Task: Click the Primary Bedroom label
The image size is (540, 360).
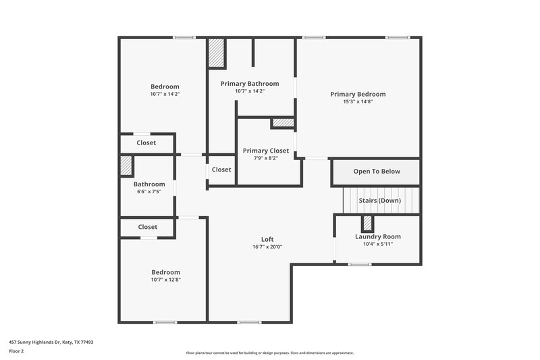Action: tap(358, 94)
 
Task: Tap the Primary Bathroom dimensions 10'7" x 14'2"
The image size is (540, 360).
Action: tap(250, 91)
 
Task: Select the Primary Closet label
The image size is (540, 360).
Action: tap(266, 151)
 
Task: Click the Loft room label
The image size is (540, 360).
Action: tap(267, 239)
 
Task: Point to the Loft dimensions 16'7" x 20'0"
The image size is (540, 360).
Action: tap(267, 247)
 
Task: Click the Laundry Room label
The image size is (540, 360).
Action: tap(378, 236)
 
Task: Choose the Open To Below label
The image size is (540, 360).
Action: tap(377, 172)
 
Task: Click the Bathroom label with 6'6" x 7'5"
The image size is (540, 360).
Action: tap(149, 184)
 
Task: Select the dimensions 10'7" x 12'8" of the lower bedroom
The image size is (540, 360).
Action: tap(165, 280)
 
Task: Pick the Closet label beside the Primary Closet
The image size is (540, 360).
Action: tap(221, 170)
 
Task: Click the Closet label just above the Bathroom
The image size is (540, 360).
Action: tap(146, 143)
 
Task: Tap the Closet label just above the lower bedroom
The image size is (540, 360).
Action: tap(148, 227)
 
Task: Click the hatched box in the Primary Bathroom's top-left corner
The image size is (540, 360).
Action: tap(216, 53)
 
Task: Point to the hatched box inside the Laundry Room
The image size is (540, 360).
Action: tap(367, 224)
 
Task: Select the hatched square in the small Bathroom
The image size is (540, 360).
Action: tap(126, 166)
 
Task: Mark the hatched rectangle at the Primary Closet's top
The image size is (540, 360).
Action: tap(283, 123)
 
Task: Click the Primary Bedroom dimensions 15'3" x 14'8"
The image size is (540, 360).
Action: tap(358, 102)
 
